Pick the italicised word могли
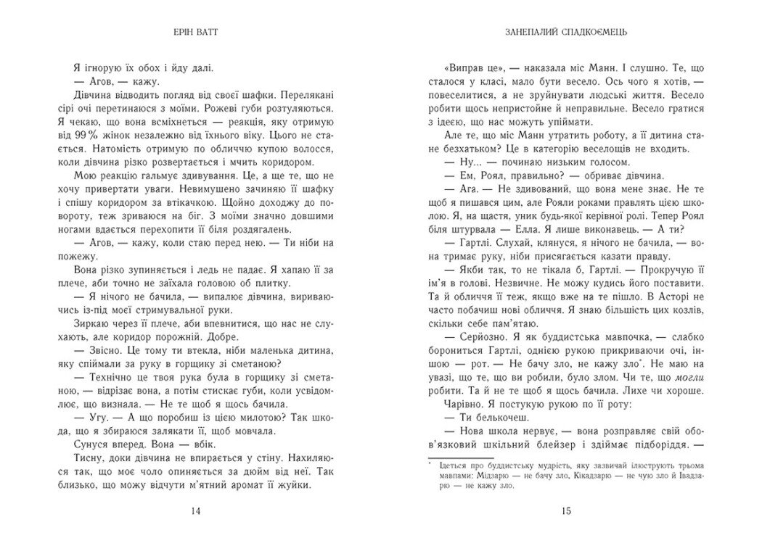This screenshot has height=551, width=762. click(x=687, y=378)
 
